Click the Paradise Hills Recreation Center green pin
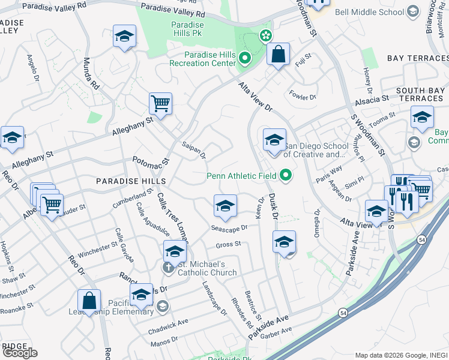point(244,59)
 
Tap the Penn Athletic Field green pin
point(286,176)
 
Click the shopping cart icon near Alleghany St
point(160,104)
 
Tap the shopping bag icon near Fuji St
point(279,55)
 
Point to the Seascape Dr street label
point(229,229)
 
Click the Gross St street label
point(228,244)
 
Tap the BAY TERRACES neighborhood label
point(417,58)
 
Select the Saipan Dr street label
point(194,151)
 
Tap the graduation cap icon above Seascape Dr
point(225,206)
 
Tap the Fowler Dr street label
point(302,95)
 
